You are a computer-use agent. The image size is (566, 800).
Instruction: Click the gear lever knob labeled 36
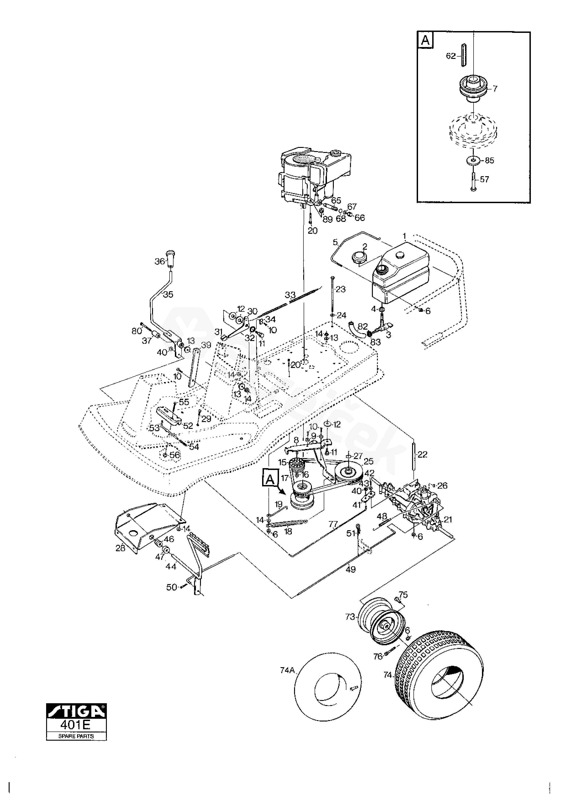click(x=170, y=258)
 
